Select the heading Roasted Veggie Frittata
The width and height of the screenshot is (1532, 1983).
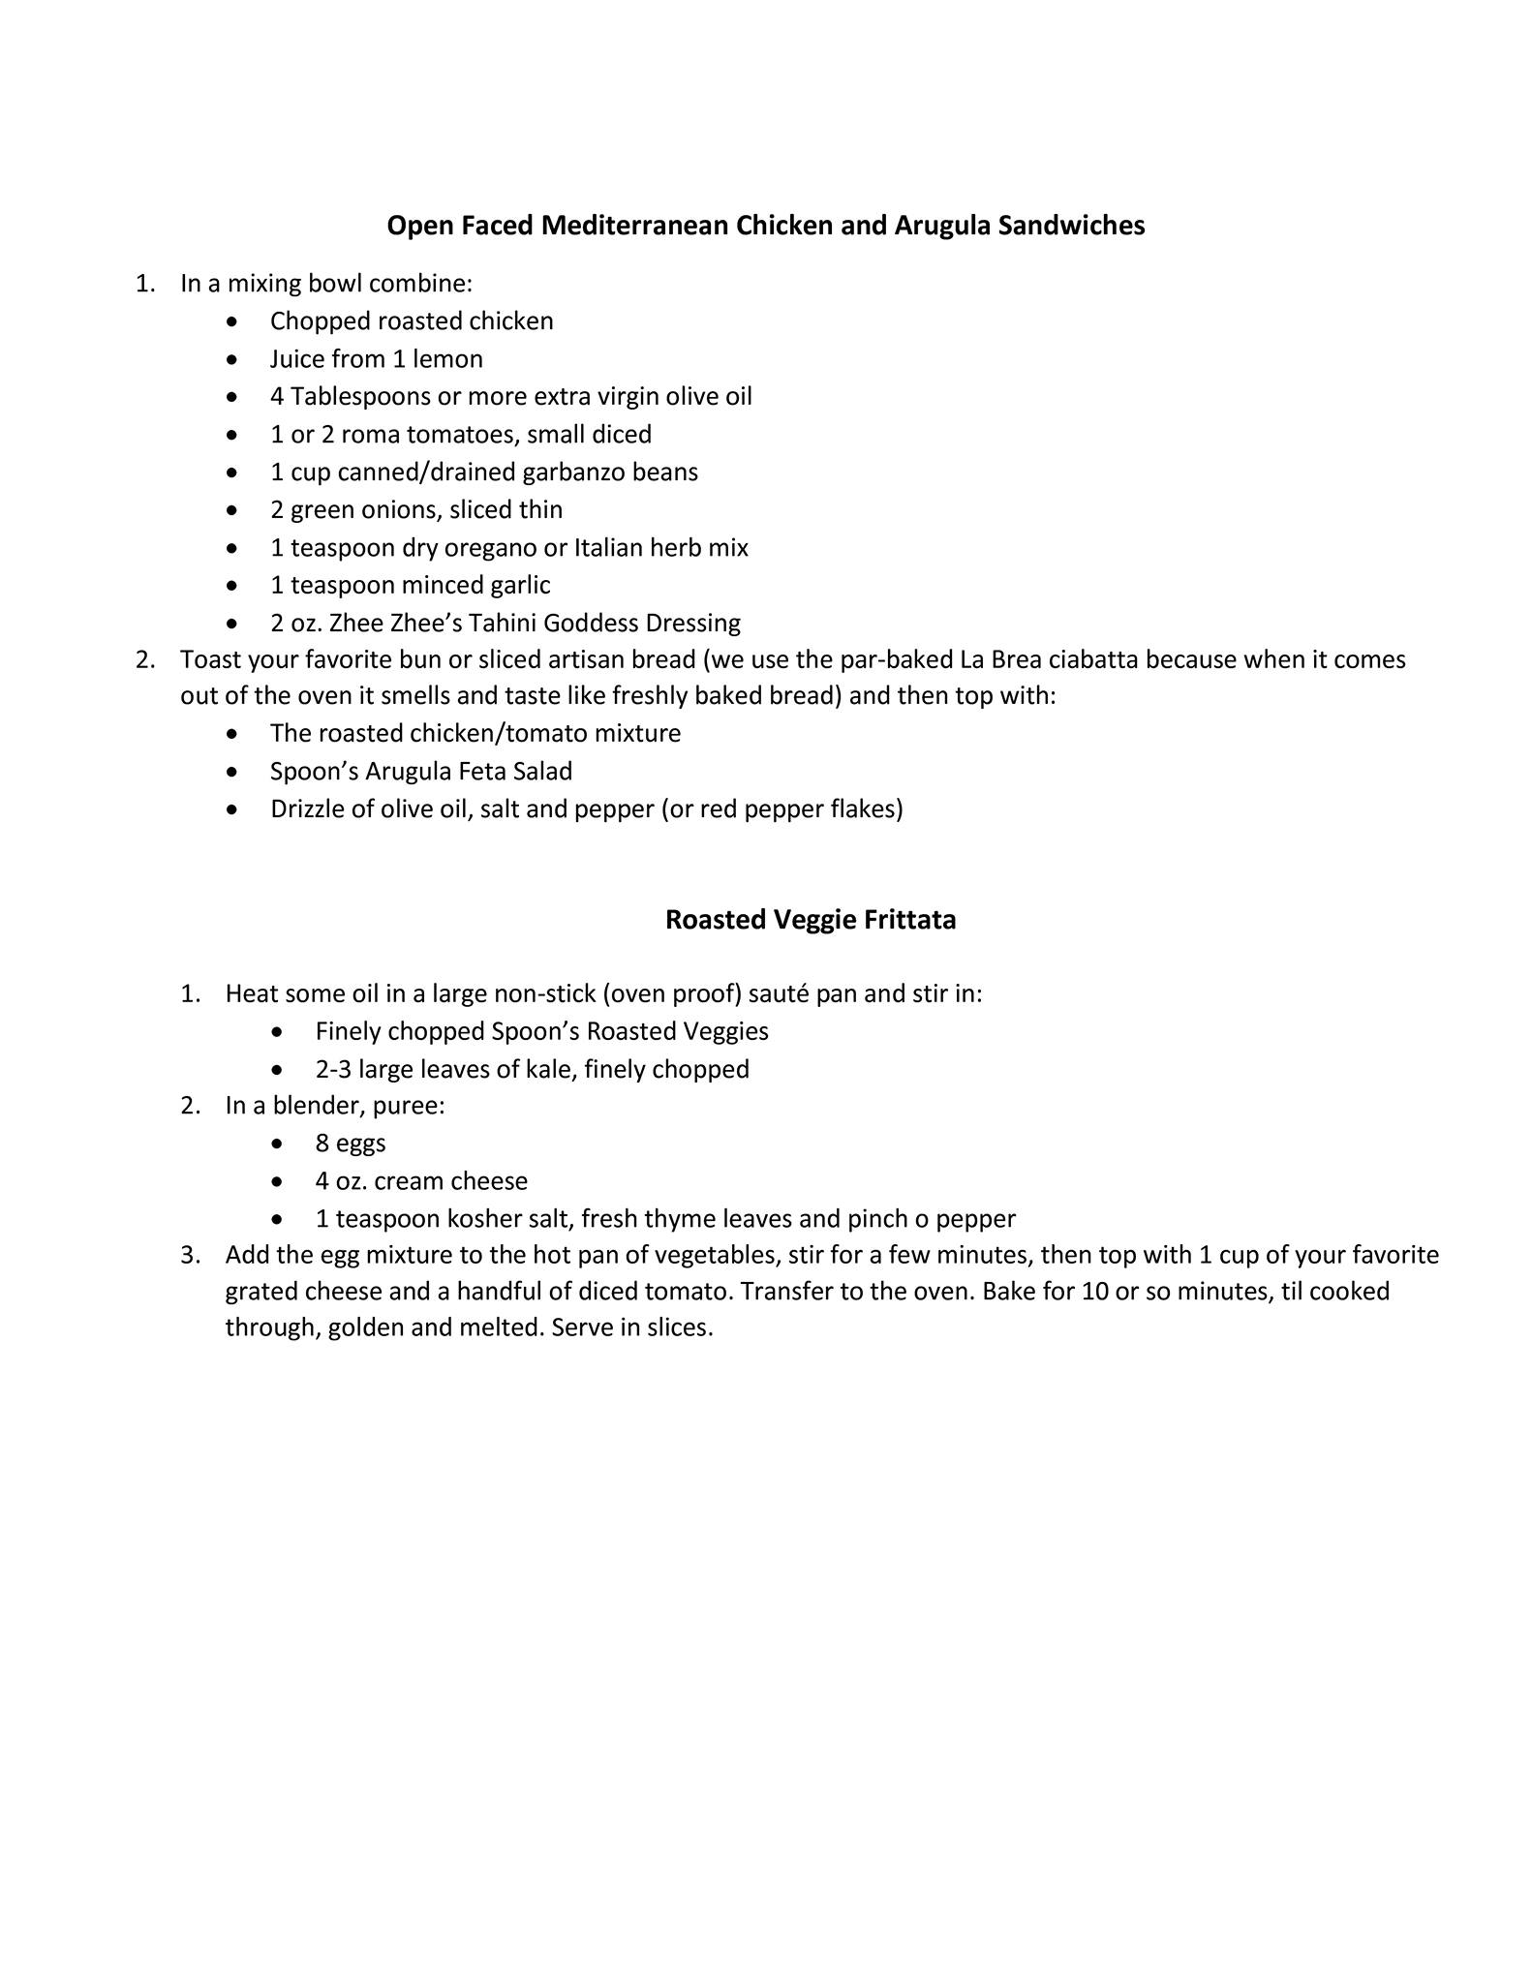(811, 920)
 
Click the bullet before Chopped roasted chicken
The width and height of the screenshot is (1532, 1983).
(231, 321)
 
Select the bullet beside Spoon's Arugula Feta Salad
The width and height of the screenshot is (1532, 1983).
(231, 772)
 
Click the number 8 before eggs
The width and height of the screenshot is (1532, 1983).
(322, 1144)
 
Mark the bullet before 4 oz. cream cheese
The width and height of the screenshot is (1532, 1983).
(278, 1181)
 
